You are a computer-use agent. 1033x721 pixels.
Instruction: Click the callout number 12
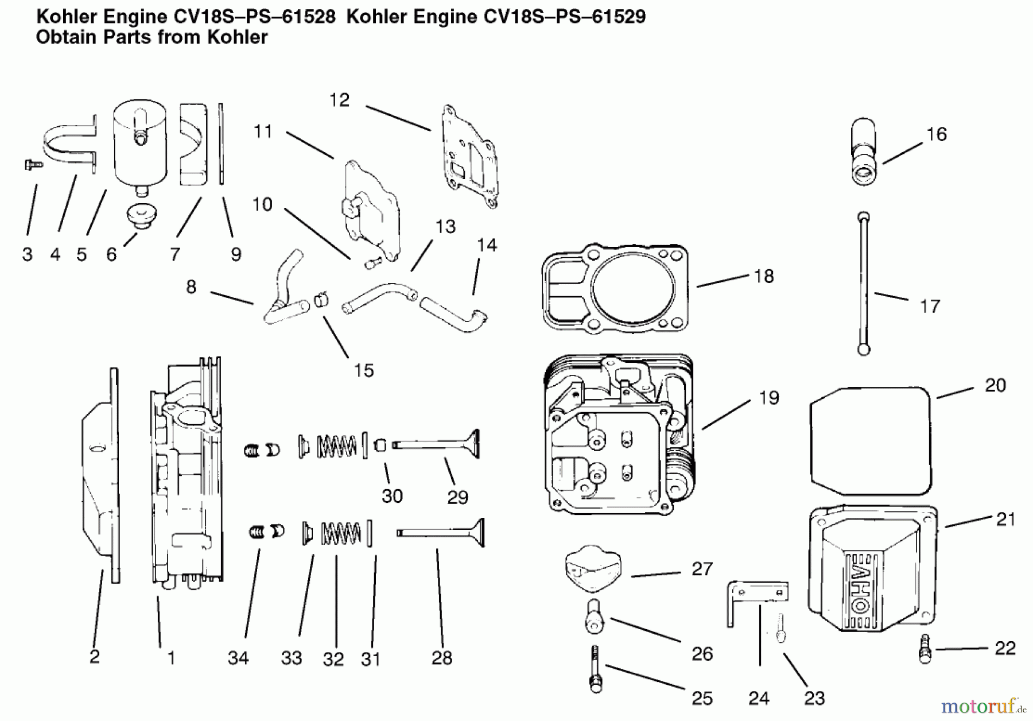coord(339,100)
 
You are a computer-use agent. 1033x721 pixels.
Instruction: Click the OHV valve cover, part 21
coord(872,568)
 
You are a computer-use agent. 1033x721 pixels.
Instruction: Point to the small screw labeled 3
coord(33,165)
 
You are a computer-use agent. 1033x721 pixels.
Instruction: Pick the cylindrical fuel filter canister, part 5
coord(139,141)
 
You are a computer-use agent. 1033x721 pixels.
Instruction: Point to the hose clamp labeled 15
coord(322,299)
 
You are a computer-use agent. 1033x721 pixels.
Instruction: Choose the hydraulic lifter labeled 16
coord(863,152)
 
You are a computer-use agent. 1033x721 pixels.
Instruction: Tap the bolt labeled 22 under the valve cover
coord(925,648)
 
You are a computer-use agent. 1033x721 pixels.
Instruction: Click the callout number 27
coord(701,569)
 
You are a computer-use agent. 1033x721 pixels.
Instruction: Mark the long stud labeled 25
coord(595,669)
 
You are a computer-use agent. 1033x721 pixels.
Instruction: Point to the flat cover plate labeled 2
coord(100,476)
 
